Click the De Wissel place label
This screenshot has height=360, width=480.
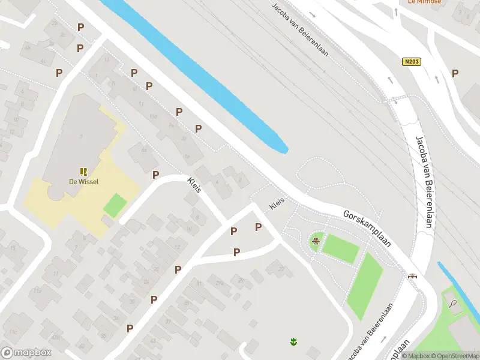tap(83, 182)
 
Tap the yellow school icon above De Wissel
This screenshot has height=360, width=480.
tap(83, 172)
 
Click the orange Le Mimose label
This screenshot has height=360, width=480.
tap(424, 2)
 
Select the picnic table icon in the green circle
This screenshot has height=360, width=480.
tap(316, 242)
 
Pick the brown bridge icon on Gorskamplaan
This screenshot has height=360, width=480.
tap(413, 277)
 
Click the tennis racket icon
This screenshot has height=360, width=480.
tap(453, 304)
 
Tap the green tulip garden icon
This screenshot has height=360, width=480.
tap(293, 342)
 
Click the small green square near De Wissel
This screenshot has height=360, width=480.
tap(115, 205)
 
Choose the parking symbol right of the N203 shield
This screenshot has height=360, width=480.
tap(455, 73)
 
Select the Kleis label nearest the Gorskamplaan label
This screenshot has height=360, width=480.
tap(277, 203)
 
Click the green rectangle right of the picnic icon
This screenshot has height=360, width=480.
tap(341, 248)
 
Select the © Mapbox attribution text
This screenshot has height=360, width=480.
tap(416, 356)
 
